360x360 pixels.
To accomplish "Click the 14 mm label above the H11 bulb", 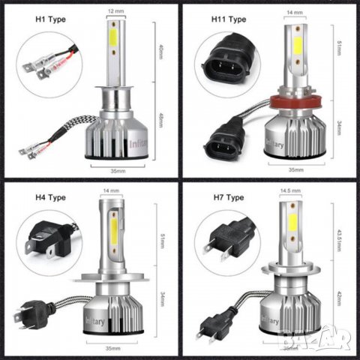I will pos(295,13).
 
